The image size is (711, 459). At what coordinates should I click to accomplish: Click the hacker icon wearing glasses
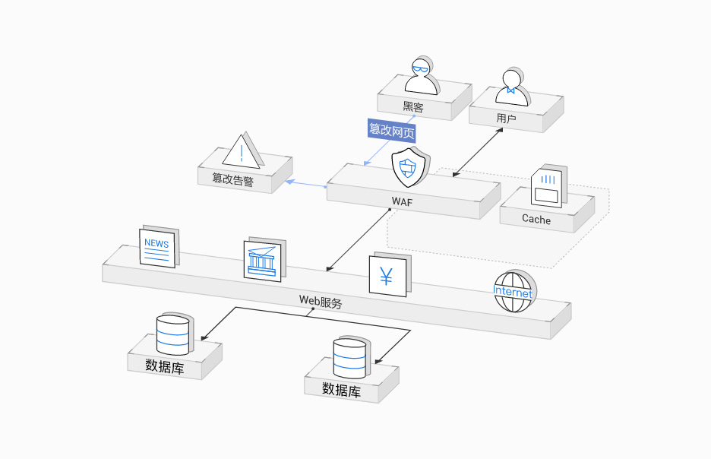pos(421,76)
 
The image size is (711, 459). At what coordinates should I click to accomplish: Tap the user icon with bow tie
pos(511,85)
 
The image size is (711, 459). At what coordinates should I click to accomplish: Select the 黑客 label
pos(413,107)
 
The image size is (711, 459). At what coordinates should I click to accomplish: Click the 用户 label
pos(506,119)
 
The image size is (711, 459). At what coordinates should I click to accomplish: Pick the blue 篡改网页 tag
pos(391,130)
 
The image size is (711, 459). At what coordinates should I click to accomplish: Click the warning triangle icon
pos(242,151)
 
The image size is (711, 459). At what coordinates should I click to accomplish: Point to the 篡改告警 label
pos(233,179)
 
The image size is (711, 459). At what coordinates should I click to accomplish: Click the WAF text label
pos(402,201)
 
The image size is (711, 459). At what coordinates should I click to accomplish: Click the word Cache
pos(536,219)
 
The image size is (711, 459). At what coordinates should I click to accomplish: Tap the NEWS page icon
pos(157,247)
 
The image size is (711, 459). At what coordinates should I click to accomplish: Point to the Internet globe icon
pos(513,292)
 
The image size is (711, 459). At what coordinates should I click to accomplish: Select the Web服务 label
pos(321,301)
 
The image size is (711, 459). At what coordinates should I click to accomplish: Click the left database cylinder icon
pos(172,334)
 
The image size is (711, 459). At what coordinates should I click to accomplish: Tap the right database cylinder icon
pos(349,357)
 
